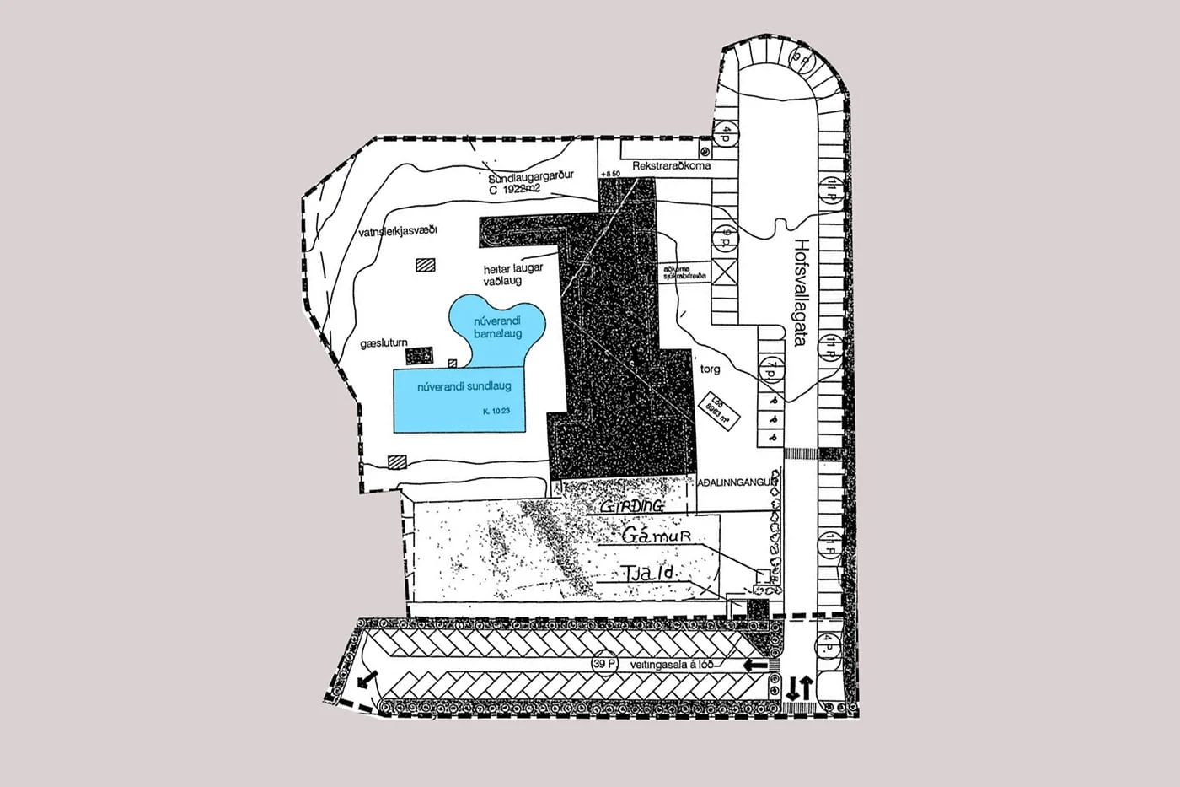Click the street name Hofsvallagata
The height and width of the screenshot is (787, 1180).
tap(800, 290)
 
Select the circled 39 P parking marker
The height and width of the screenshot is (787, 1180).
tap(603, 664)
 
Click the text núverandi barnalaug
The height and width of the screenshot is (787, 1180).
tap(497, 327)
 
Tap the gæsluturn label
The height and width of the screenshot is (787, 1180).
tap(383, 343)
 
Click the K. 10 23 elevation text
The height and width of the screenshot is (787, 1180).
tap(497, 411)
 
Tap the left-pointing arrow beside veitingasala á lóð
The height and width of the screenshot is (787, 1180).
tap(754, 666)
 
